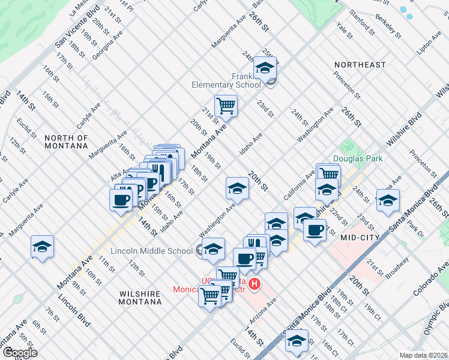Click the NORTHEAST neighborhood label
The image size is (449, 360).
360,64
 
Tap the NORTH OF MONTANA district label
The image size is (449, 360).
66,142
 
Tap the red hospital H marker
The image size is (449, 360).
255,284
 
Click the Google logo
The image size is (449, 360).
19,353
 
